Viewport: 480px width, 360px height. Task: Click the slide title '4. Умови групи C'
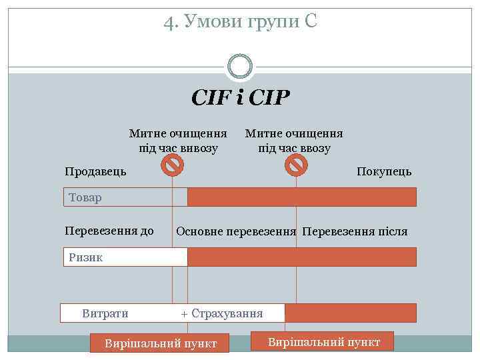pos(240,23)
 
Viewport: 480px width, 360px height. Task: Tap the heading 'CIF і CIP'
pos(240,99)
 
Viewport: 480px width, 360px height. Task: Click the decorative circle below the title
pos(240,65)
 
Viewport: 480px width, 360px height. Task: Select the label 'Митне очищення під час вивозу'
pos(178,141)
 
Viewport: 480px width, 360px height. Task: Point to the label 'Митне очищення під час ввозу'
pos(294,141)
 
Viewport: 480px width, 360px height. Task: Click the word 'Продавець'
pos(95,171)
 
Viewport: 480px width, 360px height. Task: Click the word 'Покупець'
pos(384,171)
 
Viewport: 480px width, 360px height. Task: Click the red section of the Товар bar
pos(301,197)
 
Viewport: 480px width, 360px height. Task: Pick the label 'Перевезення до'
pos(109,231)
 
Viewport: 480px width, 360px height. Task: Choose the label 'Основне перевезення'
pos(236,232)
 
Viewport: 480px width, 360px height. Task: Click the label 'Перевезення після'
pos(355,232)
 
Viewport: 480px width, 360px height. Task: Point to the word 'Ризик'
pos(85,257)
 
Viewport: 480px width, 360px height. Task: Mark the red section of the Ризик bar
pos(301,257)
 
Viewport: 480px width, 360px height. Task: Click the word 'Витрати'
pos(105,313)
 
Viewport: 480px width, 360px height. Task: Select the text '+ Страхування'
pos(222,313)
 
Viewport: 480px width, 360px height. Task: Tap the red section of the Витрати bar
pos(350,313)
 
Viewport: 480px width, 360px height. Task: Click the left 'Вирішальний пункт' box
pos(160,343)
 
